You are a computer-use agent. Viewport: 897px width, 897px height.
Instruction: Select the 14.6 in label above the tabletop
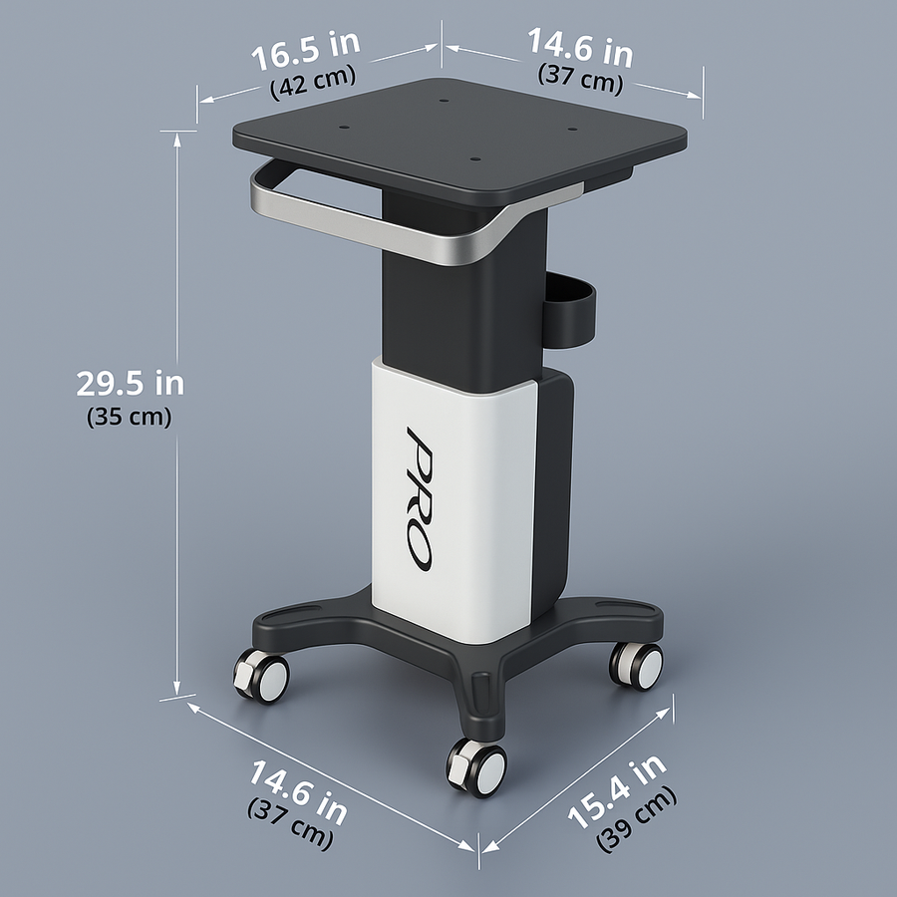(579, 46)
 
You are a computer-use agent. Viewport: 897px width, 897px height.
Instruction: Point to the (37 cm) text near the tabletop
(581, 80)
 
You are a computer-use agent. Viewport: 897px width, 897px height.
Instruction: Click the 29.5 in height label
(130, 383)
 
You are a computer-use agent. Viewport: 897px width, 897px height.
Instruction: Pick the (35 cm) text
(130, 417)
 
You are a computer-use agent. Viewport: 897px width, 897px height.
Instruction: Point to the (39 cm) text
(637, 819)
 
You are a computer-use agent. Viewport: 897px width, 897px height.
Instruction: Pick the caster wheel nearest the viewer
(476, 766)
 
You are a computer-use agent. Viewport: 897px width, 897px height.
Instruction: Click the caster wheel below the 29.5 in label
(261, 675)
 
